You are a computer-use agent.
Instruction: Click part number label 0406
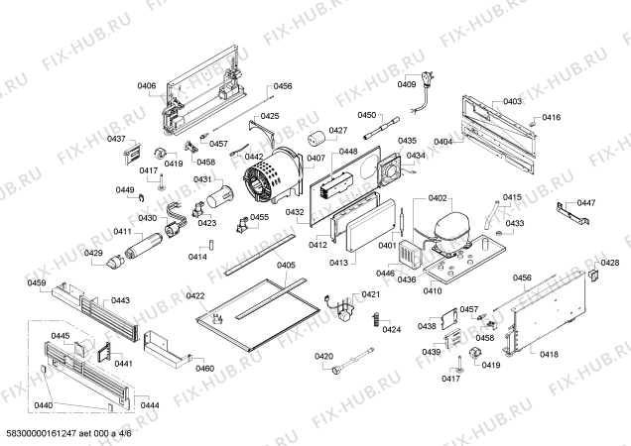[146, 86]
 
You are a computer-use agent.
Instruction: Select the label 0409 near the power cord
[408, 84]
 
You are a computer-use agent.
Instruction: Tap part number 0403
[512, 102]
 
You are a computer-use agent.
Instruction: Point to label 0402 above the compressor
[439, 199]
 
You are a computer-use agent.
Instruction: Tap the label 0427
[338, 131]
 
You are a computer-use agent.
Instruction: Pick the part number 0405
[286, 265]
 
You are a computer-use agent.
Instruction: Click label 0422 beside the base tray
[195, 296]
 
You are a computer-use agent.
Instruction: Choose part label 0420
[323, 356]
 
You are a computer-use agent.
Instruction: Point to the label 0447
[587, 203]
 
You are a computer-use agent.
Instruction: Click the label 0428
[611, 263]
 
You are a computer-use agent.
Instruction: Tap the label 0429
[93, 253]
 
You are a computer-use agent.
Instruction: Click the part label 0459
[37, 283]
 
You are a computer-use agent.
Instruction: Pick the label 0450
[367, 116]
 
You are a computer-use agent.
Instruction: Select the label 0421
[370, 294]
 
